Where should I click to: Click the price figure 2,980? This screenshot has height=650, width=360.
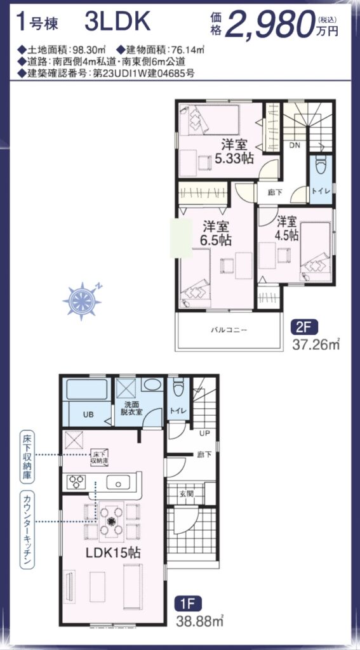coord(270,25)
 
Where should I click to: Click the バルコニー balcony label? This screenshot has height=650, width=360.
coord(229,330)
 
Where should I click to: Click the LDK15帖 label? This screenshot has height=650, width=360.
coord(112,554)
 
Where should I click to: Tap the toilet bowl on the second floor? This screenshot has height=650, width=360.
coord(321,168)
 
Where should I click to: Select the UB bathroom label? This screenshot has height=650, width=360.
coord(88,415)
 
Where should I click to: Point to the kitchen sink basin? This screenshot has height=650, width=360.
coord(118,483)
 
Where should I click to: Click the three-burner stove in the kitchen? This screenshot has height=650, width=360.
coord(76,482)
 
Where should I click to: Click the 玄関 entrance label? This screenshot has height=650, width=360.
coord(186,493)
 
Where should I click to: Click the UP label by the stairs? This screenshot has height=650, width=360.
coord(204,434)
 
